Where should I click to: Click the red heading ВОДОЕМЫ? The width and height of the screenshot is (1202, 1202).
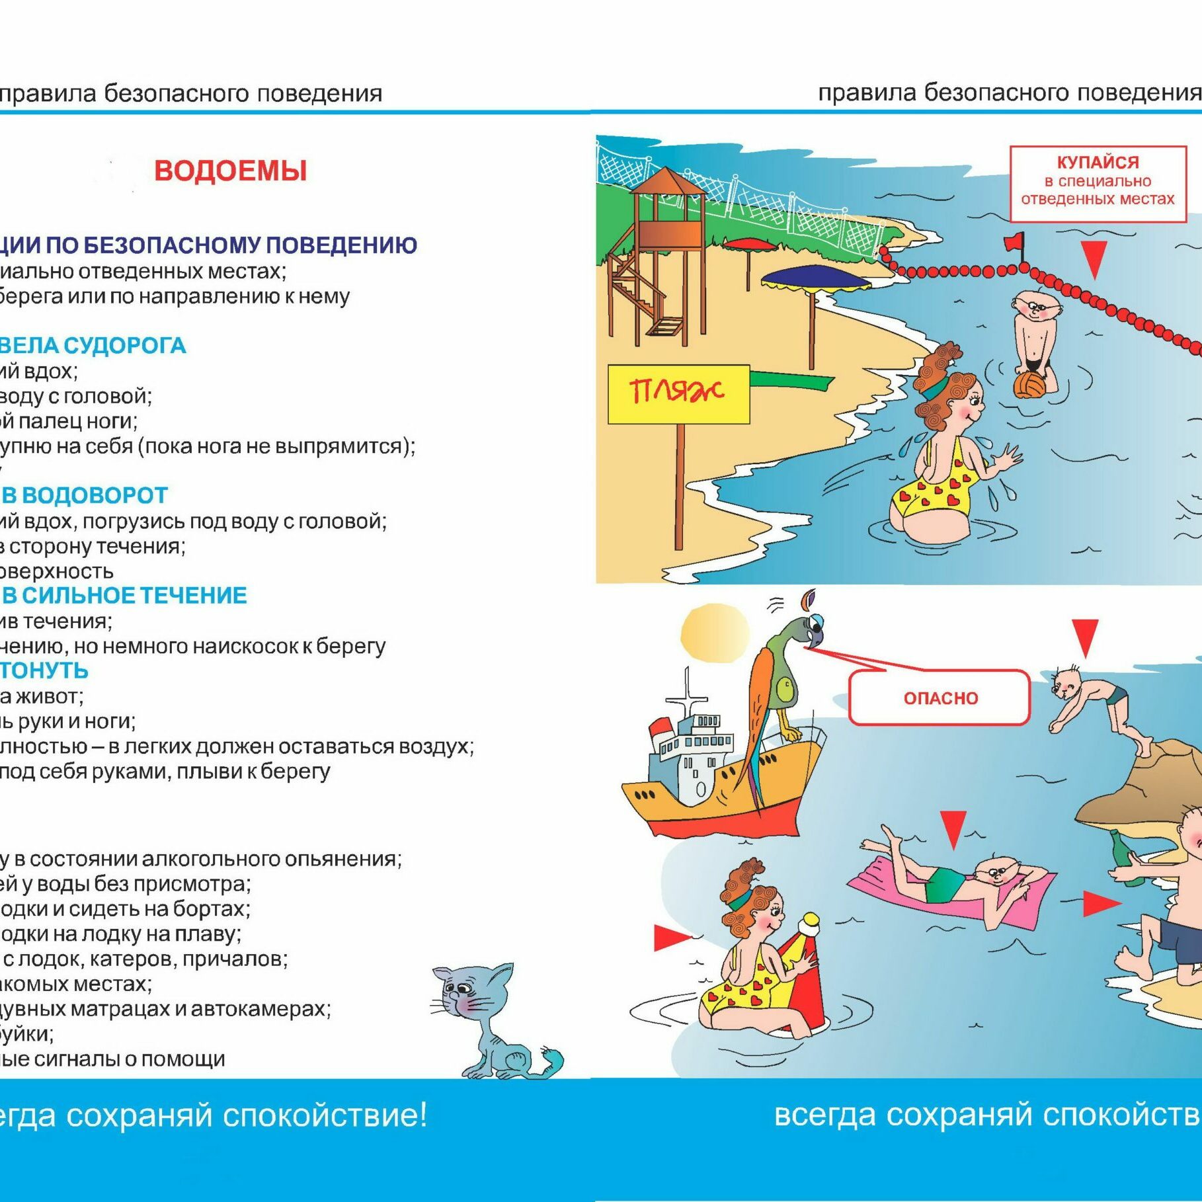pos(231,171)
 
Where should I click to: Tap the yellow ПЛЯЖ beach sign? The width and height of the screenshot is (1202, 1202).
pos(678,393)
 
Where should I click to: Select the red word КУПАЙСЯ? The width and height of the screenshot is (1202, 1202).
pos(1098,163)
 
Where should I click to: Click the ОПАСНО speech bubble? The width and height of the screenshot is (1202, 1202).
pos(940,698)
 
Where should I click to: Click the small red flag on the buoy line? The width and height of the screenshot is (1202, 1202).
pos(1014,243)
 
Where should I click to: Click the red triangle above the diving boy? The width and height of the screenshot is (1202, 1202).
pos(1085,636)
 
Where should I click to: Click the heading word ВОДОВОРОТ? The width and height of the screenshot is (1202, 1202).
pos(95,495)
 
